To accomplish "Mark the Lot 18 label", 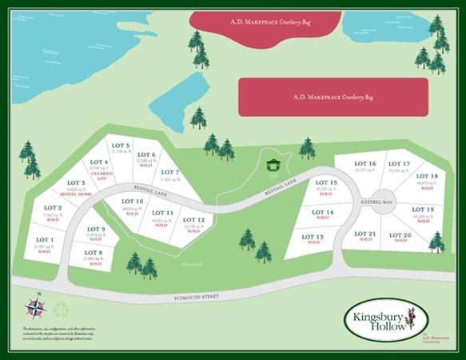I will point(427,180).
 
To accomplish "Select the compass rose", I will point(35,306).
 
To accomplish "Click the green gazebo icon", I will point(273,164).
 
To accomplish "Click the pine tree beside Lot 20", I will point(436,241).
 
